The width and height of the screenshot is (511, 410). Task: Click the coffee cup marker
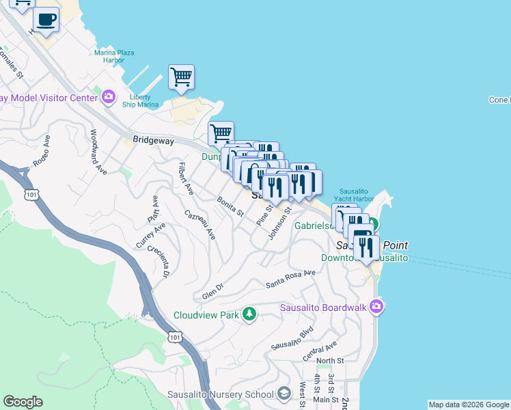46,20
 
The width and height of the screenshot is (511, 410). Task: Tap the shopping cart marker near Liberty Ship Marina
181,77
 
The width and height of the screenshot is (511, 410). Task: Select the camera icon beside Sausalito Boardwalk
376,307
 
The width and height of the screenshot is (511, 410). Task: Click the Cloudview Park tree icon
250,314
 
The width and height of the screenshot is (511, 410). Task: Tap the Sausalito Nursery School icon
285,394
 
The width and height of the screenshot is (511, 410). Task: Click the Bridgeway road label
154,140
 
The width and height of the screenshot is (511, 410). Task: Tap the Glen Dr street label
213,292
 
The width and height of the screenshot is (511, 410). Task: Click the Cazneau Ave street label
200,224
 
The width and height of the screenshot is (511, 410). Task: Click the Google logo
23,402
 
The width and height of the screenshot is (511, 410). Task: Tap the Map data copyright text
468,405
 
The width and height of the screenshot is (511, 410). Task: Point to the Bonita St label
230,206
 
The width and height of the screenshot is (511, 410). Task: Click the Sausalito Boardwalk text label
324,307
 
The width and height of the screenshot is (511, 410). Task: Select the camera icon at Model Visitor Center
108,98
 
